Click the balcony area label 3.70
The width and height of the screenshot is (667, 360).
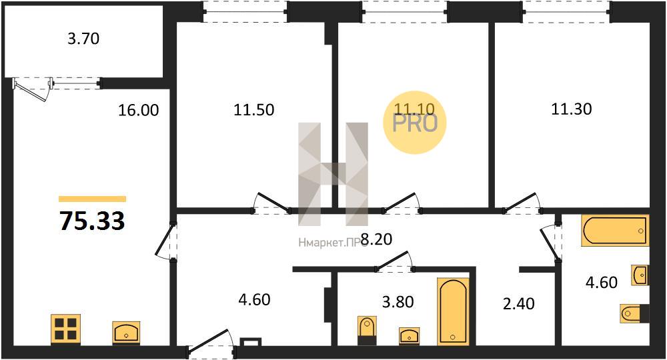tap(83, 39)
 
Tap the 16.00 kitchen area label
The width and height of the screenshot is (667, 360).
tap(138, 110)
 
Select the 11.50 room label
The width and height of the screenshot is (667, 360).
tap(254, 109)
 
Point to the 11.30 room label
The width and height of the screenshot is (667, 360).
tap(572, 109)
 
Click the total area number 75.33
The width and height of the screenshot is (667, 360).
tap(92, 221)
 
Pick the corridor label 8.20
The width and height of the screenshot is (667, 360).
tap(376, 239)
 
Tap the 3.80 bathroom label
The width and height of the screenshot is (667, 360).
tap(398, 301)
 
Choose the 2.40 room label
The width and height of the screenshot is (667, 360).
tap(518, 303)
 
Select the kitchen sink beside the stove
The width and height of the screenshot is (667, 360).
tap(126, 332)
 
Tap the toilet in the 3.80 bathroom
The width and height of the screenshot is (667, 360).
tap(366, 330)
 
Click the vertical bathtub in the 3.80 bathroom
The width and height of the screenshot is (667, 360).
tap(453, 311)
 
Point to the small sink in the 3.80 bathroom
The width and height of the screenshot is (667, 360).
tap(410, 335)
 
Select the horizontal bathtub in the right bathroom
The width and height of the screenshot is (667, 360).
tap(615, 231)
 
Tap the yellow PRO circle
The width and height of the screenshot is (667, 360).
tap(414, 123)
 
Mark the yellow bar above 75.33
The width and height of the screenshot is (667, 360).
tap(92, 199)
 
